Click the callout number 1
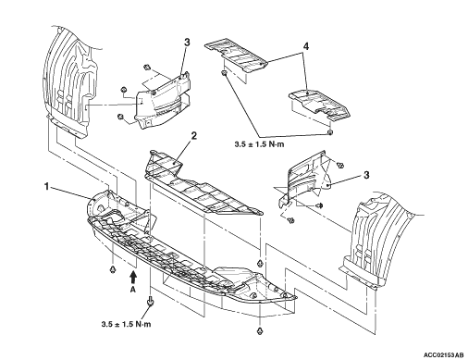pos(46,186)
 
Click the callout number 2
pos(193,135)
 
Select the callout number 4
pos(305,46)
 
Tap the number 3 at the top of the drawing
pos(187,43)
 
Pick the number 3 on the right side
pos(366,175)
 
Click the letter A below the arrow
pos(133,290)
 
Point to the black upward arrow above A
pos(133,277)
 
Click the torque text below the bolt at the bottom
pos(127,324)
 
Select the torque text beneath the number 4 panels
pos(259,144)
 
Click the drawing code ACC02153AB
pos(444,354)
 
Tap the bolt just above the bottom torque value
pos(151,302)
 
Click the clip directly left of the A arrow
pos(113,269)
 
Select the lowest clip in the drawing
pos(260,331)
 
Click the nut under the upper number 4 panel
pos(225,73)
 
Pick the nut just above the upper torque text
pos(329,132)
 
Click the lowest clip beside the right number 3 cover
pos(290,220)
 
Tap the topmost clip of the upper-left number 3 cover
pos(146,67)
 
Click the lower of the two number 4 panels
pos(319,105)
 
